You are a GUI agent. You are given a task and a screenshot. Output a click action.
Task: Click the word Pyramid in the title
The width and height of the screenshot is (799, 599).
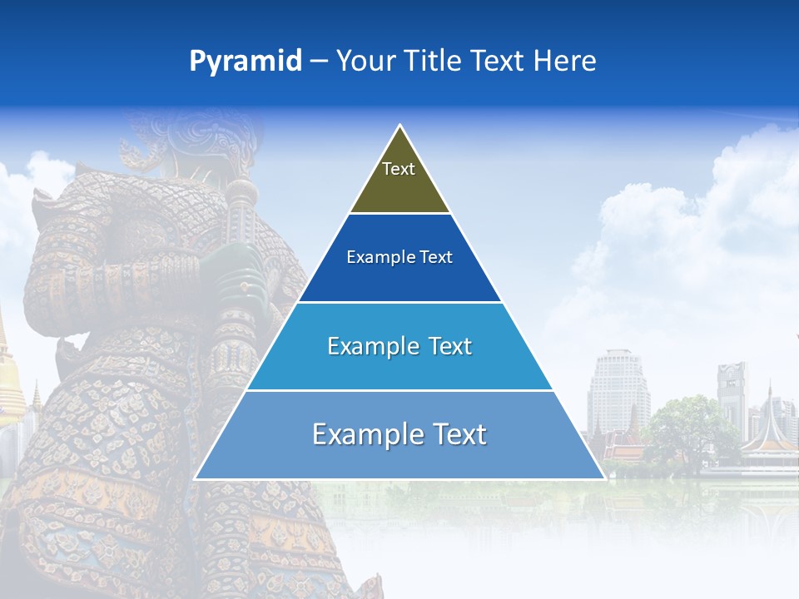(245, 62)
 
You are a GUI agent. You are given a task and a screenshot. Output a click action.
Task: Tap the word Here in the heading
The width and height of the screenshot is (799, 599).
(564, 62)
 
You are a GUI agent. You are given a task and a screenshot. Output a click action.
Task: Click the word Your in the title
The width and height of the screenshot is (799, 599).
(365, 62)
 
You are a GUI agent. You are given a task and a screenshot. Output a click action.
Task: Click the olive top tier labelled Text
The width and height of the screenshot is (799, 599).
(399, 179)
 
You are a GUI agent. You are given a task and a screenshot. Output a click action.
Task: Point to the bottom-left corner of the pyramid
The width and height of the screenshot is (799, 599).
(196, 478)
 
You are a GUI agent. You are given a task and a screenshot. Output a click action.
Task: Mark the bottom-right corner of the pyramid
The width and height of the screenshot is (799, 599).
(604, 478)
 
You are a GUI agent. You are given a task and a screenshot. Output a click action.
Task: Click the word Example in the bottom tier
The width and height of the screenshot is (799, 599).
(357, 434)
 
